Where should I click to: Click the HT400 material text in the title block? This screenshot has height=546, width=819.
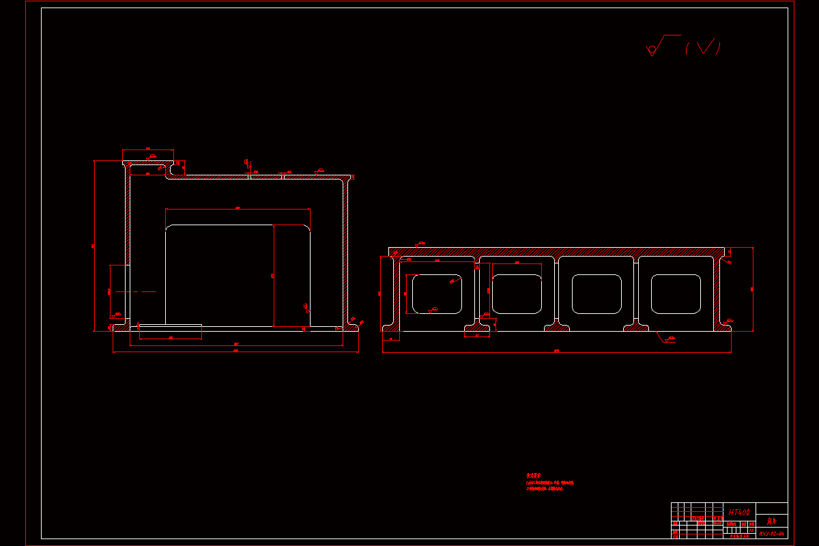tap(739, 511)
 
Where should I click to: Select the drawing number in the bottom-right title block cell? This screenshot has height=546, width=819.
tap(772, 533)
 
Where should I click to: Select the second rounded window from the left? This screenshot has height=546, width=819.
tap(516, 294)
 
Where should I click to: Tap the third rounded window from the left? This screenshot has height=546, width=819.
tap(596, 294)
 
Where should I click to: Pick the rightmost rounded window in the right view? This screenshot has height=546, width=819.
tap(676, 294)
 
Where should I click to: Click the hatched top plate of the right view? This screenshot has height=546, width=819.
tap(556, 252)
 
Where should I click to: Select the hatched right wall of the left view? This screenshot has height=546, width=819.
tap(345, 253)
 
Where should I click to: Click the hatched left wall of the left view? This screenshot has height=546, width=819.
tap(127, 218)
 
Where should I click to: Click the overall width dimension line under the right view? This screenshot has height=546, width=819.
tap(556, 352)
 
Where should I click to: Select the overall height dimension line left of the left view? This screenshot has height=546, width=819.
tap(94, 246)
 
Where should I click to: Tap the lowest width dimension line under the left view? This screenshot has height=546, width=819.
tap(235, 353)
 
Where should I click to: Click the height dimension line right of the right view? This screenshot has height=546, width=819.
tap(753, 289)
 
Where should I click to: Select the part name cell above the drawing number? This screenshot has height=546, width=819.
tap(772, 519)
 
